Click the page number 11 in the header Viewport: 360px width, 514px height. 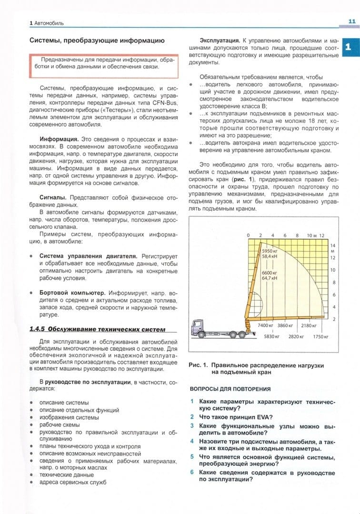(x=352, y=21)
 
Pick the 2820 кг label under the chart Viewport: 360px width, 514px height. (x=296, y=336)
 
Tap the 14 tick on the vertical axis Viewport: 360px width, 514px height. (x=333, y=245)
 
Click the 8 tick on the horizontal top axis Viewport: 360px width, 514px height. (x=297, y=236)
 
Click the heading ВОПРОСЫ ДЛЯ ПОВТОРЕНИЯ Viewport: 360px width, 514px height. (x=230, y=389)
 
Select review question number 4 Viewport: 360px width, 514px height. (x=192, y=441)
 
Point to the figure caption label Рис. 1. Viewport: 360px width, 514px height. (x=199, y=365)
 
